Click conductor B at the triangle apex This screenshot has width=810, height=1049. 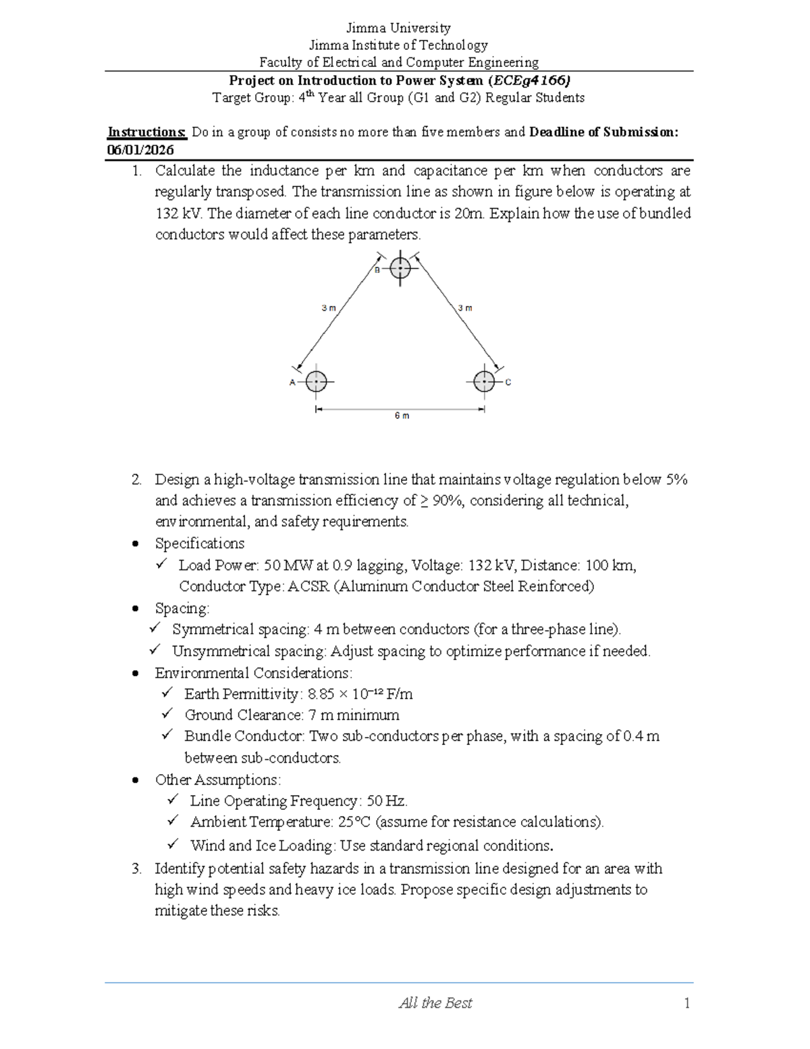[x=401, y=269]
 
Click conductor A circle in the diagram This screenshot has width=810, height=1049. [x=316, y=382]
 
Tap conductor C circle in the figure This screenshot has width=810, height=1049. [x=484, y=382]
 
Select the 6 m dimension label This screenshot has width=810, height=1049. [x=402, y=416]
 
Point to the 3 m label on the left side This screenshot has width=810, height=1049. [x=328, y=308]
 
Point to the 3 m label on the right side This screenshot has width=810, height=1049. [x=465, y=308]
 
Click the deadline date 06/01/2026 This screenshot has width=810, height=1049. [x=140, y=150]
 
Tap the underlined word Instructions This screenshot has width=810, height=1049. [x=146, y=132]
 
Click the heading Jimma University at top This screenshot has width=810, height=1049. [x=398, y=28]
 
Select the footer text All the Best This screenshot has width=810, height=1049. [x=435, y=1004]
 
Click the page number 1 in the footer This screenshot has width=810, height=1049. [x=686, y=1004]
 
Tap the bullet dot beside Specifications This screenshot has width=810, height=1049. [x=137, y=544]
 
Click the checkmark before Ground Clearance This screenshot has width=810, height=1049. [x=167, y=714]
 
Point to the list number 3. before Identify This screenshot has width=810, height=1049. [x=137, y=869]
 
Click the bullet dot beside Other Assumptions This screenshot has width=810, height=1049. [x=137, y=781]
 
